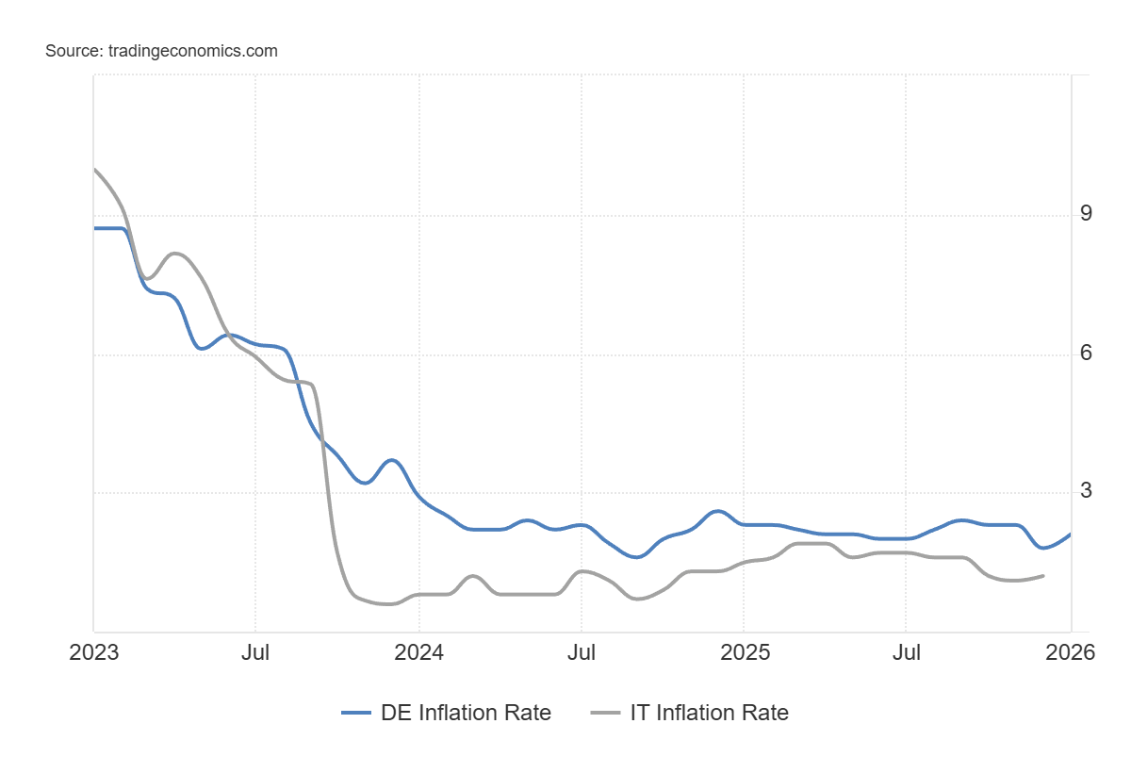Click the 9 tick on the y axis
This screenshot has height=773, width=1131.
click(x=1086, y=214)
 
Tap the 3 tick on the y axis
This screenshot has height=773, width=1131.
click(x=1086, y=490)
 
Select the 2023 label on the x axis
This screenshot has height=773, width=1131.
click(x=94, y=652)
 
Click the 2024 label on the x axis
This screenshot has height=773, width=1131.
click(x=418, y=652)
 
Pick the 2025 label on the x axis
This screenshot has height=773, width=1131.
click(x=744, y=652)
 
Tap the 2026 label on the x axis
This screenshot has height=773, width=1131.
click(x=1070, y=652)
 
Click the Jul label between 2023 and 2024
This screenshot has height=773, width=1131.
click(x=255, y=652)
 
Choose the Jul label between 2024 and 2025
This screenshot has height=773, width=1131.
click(x=581, y=652)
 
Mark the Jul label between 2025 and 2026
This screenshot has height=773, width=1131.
click(x=906, y=652)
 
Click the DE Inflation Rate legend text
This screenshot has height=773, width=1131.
click(x=466, y=713)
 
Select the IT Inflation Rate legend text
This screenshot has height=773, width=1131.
click(x=709, y=713)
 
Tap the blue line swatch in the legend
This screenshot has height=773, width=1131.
click(x=357, y=714)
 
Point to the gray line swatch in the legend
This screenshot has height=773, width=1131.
click(x=604, y=714)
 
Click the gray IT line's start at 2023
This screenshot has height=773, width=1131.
click(x=94, y=170)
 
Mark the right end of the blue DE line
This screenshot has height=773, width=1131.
click(x=1070, y=535)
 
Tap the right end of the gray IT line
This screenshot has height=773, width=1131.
click(x=1042, y=575)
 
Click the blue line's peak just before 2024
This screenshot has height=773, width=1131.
click(x=392, y=460)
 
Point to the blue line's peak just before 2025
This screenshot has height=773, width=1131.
click(x=717, y=511)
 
